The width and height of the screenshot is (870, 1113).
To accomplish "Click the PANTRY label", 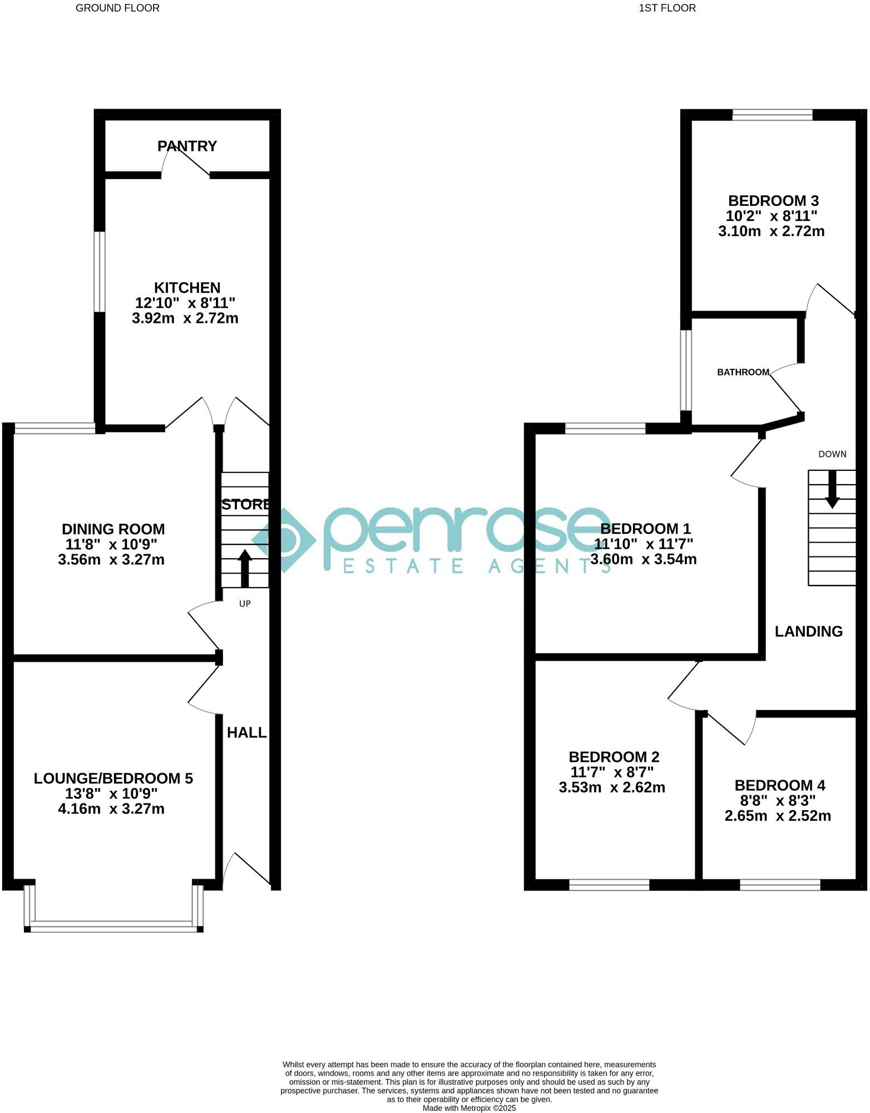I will click(x=187, y=146).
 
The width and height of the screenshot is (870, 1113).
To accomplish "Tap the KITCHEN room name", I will click(x=187, y=288).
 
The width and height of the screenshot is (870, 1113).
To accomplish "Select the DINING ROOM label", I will click(x=113, y=529).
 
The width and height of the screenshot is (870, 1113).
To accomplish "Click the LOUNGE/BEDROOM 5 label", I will click(x=113, y=778).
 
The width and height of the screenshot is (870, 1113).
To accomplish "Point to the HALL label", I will click(x=246, y=732).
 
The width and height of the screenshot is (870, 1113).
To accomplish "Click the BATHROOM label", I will click(x=743, y=372).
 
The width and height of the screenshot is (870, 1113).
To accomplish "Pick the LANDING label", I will click(x=808, y=631).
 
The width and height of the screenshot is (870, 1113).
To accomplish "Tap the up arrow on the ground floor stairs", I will click(x=245, y=568).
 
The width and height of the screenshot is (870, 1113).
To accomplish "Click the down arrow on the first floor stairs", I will click(x=832, y=490).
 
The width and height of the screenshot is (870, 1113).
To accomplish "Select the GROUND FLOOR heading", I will click(x=117, y=8).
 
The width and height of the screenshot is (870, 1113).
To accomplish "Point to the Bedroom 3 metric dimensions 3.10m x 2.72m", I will click(x=771, y=231).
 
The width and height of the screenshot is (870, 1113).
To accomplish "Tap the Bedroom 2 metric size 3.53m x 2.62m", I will click(x=612, y=787).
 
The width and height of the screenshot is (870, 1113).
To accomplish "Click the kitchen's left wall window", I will click(x=99, y=272).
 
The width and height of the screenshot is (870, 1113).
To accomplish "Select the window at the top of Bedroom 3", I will click(x=772, y=115).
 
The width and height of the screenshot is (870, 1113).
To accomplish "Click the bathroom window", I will click(x=685, y=370).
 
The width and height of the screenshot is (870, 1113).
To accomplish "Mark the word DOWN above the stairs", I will click(x=832, y=454).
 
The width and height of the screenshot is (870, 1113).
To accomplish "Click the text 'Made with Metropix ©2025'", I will click(x=469, y=1108).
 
